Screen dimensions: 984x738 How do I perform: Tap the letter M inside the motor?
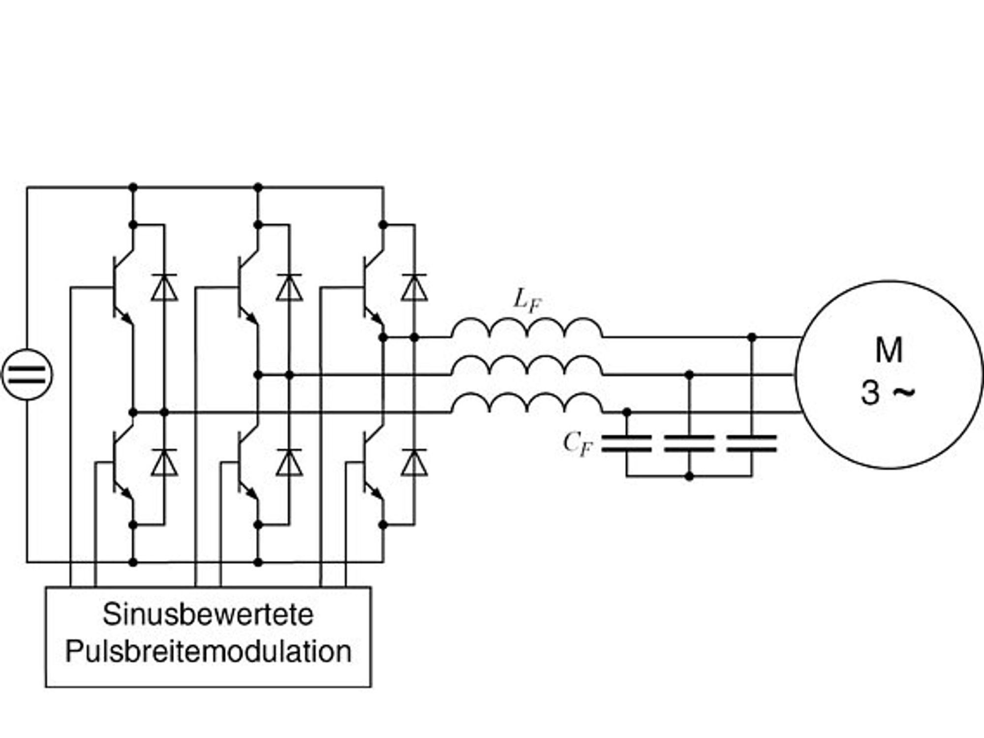click(889, 350)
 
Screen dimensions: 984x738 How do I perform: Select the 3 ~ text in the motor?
click(888, 393)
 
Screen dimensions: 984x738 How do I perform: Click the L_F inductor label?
click(527, 300)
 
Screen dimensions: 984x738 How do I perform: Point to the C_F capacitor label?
click(578, 444)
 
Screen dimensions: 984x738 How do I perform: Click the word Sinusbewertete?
click(208, 615)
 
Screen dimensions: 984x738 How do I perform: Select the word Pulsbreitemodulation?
click(208, 651)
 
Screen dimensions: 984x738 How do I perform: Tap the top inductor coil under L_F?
click(527, 328)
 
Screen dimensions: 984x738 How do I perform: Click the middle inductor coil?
click(527, 366)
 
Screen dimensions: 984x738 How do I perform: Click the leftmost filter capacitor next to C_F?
click(627, 443)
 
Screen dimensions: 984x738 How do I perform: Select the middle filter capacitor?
click(689, 443)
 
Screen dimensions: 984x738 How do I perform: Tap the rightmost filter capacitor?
click(752, 443)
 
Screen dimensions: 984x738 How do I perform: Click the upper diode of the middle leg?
click(289, 287)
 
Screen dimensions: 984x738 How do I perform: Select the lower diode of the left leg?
click(164, 462)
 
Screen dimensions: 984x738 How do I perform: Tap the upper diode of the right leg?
click(414, 287)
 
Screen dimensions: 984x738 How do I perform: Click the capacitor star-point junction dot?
click(689, 476)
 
